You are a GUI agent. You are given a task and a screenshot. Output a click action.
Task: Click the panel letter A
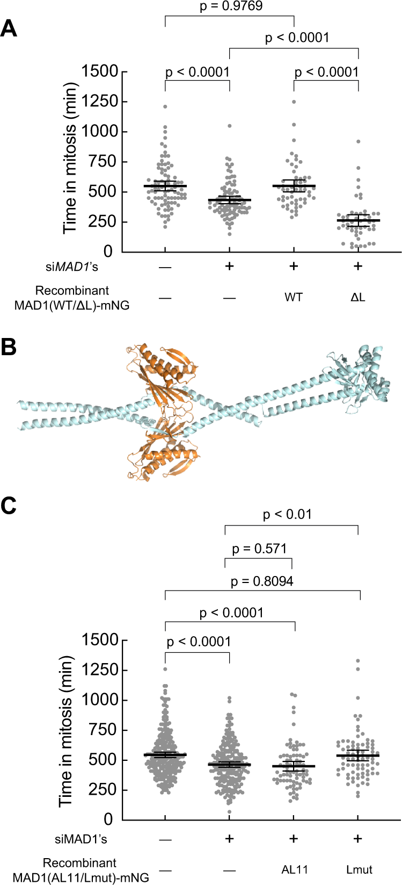click(9, 28)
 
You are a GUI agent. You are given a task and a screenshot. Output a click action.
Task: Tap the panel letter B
click(9, 348)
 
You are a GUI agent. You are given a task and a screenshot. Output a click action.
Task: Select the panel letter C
click(9, 506)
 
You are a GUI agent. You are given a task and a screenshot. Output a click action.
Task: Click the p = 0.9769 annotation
click(230, 6)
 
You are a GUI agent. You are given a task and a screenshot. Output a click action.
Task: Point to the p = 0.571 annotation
click(259, 549)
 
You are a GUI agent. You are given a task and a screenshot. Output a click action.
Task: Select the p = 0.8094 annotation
click(262, 581)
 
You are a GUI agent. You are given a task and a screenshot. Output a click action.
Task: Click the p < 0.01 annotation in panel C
click(287, 515)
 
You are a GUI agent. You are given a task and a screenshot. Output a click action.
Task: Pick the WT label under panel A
click(294, 297)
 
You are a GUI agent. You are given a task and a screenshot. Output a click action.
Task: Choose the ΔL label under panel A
click(358, 297)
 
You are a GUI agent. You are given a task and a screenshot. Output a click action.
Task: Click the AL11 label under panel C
click(294, 869)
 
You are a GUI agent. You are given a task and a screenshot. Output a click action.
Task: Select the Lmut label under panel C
click(359, 869)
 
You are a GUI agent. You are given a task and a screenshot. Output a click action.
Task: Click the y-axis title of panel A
click(70, 158)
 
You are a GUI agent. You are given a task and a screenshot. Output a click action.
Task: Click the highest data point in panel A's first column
click(165, 107)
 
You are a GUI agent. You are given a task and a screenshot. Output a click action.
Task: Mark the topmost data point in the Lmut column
click(358, 661)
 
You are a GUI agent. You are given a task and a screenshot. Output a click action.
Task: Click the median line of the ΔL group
click(358, 220)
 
